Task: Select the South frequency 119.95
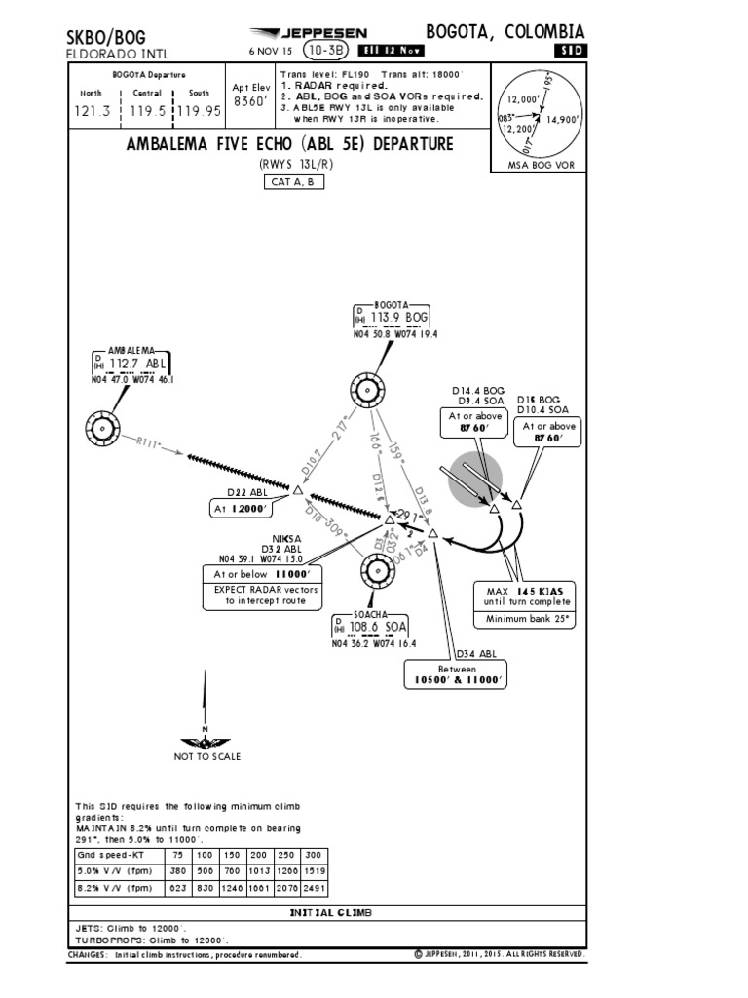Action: click(x=199, y=111)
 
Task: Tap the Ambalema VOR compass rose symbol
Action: click(x=102, y=426)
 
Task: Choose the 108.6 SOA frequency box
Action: click(x=370, y=626)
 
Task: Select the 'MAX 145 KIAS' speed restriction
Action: click(x=524, y=593)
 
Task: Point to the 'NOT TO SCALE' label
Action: click(x=206, y=756)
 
